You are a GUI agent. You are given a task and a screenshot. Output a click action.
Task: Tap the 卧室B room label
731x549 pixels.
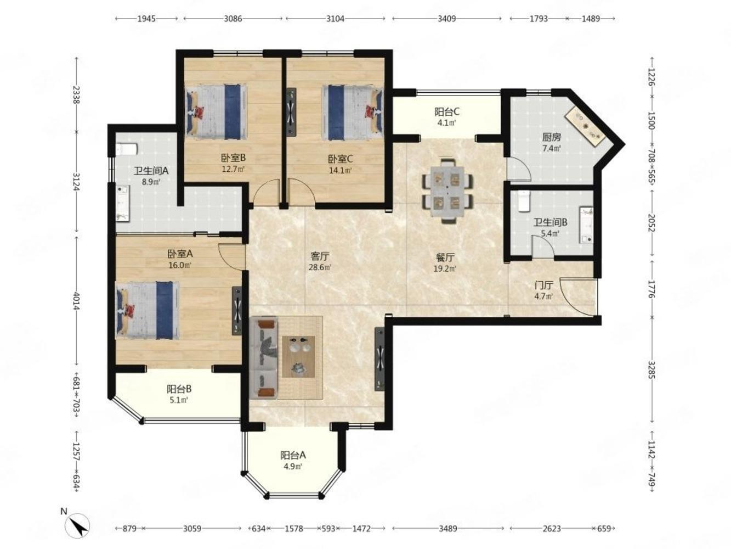click(233, 158)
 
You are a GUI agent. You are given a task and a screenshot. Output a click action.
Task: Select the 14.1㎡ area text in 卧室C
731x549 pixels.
click(341, 170)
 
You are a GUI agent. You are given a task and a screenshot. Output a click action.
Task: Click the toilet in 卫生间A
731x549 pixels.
click(127, 149)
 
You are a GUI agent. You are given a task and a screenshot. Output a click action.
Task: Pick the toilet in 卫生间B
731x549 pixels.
click(524, 201)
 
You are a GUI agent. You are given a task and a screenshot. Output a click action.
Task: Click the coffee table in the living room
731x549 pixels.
click(298, 356)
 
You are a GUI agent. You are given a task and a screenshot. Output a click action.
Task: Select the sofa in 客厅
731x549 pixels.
click(264, 358)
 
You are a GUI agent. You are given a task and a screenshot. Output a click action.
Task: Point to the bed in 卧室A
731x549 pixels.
click(147, 310)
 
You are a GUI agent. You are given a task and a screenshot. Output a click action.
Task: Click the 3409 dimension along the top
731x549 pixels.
click(446, 19)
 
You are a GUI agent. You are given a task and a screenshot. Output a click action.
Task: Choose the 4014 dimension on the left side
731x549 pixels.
click(77, 301)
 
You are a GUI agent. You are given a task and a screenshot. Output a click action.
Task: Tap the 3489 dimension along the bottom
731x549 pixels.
click(447, 528)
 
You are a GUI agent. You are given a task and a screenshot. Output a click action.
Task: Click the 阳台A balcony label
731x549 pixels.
click(293, 455)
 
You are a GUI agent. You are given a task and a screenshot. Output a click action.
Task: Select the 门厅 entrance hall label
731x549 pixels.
click(544, 285)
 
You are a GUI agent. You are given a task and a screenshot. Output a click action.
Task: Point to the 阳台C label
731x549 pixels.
click(447, 111)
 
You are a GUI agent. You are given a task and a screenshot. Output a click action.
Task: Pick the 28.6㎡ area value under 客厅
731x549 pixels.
click(320, 267)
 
